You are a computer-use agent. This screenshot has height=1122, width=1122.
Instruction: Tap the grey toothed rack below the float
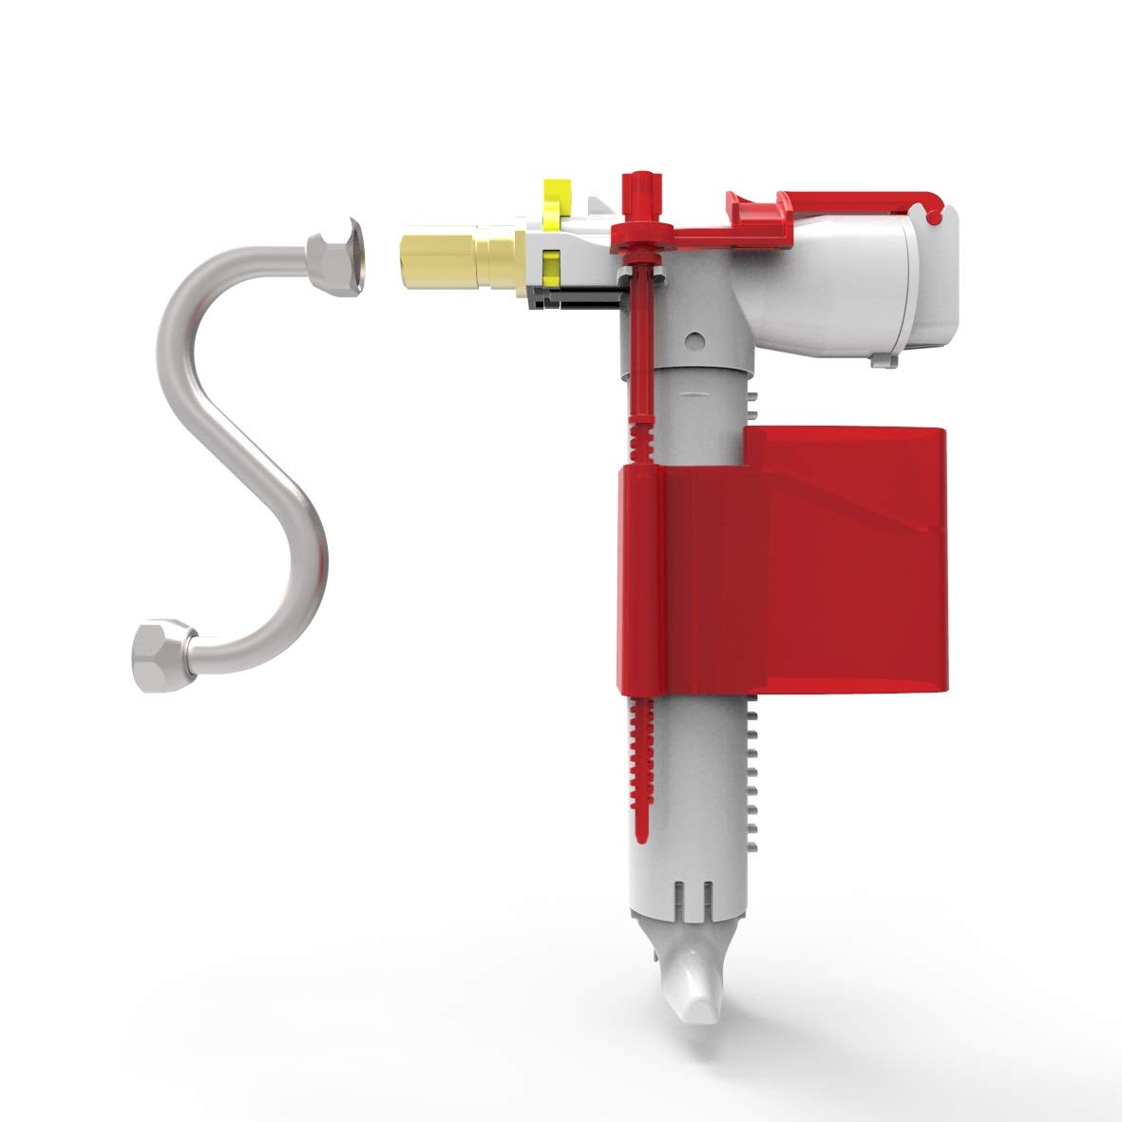coord(754,760)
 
